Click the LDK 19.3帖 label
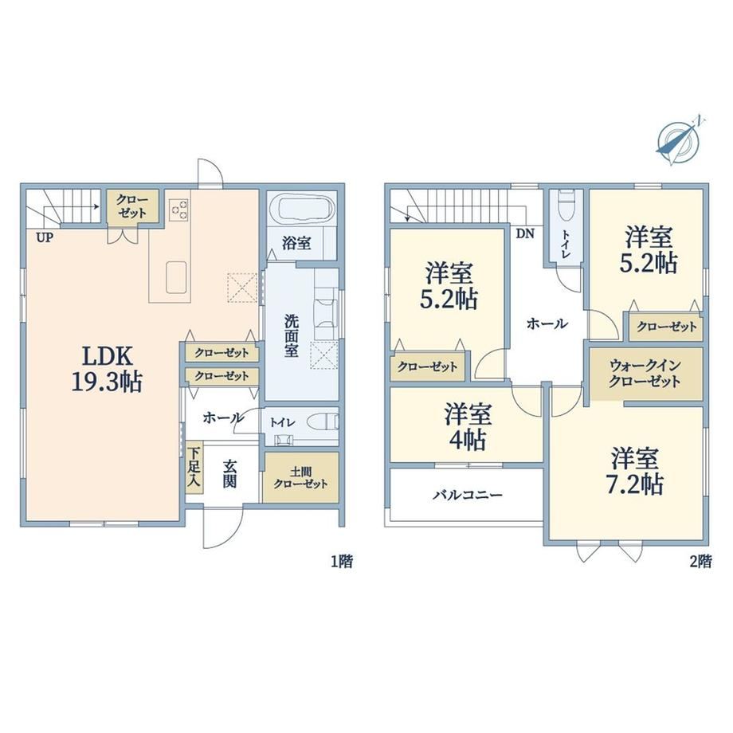pos(107,369)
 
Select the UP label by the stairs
pos(45,238)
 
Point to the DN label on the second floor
pos(525,233)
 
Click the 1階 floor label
pos(342,561)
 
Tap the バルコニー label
pos(467,495)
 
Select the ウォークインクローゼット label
pos(645,374)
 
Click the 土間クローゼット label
pos(300,478)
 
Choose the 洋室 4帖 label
pos(468,426)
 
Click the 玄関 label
pos(229,473)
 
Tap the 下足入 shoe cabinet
pos(194,468)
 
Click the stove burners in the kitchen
pos(179,209)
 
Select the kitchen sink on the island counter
pos(176,276)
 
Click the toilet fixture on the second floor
pos(566,206)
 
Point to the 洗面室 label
pos(292,335)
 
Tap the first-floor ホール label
pos(223,417)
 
